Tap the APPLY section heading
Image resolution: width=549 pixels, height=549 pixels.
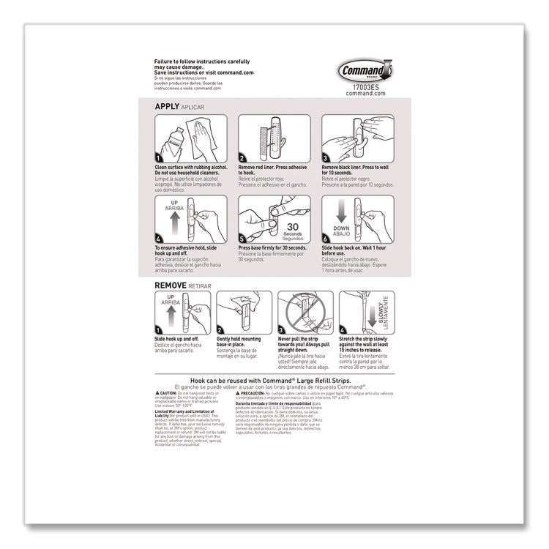[167, 107]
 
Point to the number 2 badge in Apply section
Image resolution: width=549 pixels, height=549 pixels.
[244, 157]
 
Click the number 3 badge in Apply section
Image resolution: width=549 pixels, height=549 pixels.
[327, 157]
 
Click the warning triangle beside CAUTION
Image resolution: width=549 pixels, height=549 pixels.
[158, 392]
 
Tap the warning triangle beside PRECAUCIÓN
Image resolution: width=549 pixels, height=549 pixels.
[279, 392]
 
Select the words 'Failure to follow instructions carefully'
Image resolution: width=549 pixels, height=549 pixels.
[202, 61]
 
